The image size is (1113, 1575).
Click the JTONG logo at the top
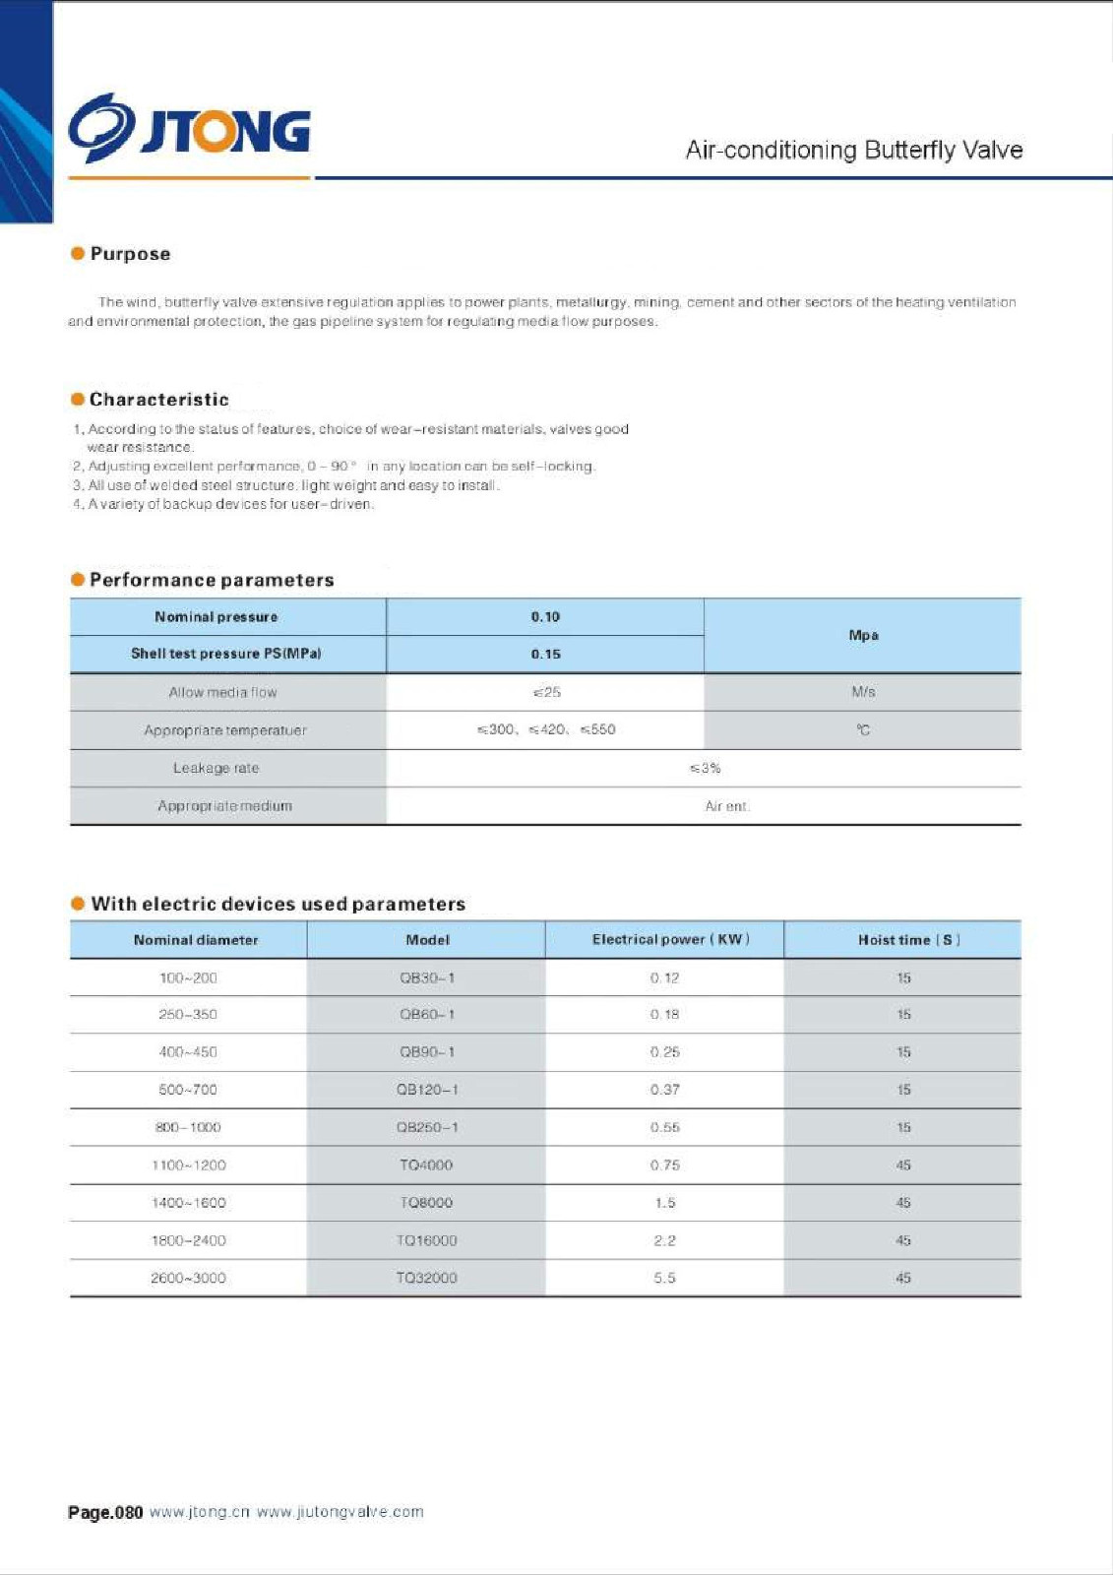pos(189,128)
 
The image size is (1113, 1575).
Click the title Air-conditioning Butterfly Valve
pos(853,150)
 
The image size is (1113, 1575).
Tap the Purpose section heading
pos(130,254)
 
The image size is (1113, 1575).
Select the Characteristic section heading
pos(158,400)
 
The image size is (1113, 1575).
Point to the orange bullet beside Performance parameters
pos(78,579)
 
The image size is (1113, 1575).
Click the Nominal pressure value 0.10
pos(545,617)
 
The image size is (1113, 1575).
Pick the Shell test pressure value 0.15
pos(545,654)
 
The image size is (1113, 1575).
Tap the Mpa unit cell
pos(863,635)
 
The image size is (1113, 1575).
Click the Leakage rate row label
pos(216,768)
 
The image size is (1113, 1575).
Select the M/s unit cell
pos(863,692)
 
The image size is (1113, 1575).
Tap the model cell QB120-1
pos(427,1090)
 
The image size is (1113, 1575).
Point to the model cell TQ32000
pos(426,1278)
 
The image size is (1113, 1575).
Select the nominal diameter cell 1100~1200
pos(188,1165)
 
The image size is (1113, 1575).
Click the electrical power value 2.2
pos(664,1240)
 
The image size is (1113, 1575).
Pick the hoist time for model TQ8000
pos(903,1203)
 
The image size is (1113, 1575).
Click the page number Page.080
pos(105,1512)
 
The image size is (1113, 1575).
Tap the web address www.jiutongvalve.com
pos(340,1512)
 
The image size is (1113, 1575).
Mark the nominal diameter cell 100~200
pos(188,977)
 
